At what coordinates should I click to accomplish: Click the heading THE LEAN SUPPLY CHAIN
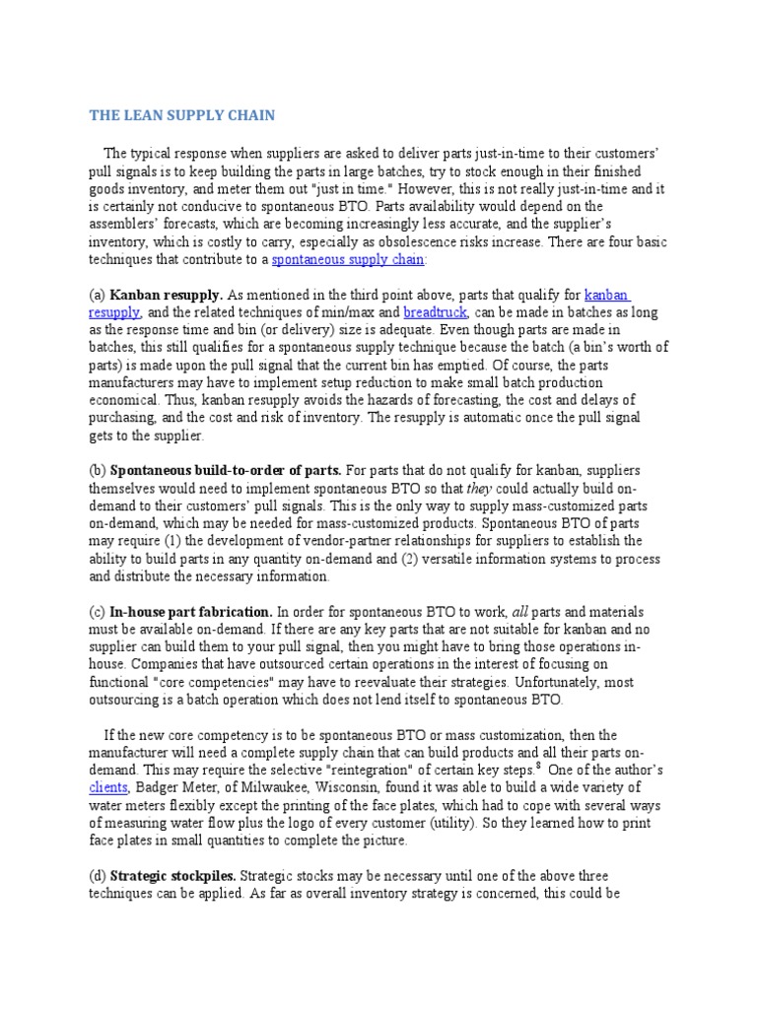point(182,115)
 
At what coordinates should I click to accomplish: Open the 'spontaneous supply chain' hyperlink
point(348,259)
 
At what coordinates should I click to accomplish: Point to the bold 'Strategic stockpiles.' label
point(173,875)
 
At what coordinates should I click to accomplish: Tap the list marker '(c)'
point(98,611)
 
